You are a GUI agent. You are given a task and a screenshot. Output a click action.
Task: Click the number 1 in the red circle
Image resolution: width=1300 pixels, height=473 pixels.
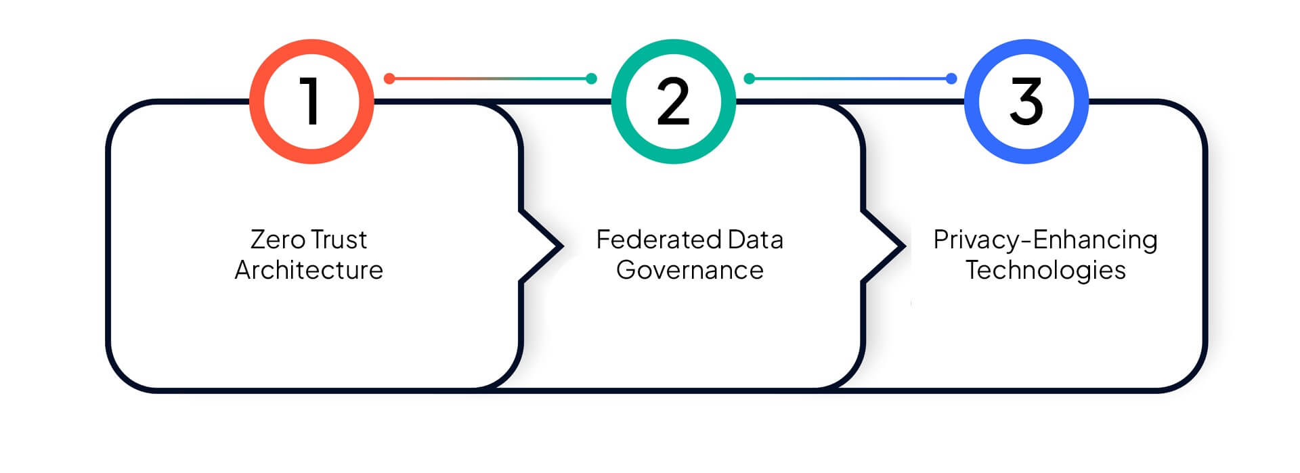click(311, 101)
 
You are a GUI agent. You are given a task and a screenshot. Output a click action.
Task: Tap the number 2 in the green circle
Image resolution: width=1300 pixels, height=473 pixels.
click(673, 101)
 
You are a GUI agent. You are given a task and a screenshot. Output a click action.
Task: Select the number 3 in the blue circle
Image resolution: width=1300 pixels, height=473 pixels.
click(1026, 101)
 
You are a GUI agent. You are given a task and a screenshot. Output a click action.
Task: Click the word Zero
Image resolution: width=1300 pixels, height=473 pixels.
click(278, 240)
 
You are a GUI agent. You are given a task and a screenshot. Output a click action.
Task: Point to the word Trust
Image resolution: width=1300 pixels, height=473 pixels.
click(339, 240)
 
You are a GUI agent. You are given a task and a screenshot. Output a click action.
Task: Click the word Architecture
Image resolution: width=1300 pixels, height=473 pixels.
click(309, 270)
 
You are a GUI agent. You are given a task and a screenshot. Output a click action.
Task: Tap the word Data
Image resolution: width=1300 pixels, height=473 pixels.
click(755, 240)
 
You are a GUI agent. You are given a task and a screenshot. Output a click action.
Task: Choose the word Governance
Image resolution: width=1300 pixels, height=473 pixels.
click(690, 270)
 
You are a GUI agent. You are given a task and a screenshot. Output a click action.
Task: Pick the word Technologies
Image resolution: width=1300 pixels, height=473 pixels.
click(1045, 271)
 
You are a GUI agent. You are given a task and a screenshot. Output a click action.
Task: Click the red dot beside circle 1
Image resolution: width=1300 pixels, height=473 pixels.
click(389, 78)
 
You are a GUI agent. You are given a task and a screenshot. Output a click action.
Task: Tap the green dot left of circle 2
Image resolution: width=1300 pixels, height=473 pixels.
click(591, 78)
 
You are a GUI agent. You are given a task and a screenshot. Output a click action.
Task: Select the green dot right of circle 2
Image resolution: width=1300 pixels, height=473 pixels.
click(750, 78)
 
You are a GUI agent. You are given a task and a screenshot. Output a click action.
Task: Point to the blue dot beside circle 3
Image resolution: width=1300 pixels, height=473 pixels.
click(951, 78)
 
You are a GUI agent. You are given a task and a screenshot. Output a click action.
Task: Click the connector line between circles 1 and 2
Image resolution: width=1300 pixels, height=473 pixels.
click(490, 78)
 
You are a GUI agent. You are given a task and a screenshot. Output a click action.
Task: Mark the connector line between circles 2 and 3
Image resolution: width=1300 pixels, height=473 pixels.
click(850, 78)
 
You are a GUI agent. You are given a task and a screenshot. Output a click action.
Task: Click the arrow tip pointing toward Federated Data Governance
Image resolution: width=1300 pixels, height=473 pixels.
click(561, 246)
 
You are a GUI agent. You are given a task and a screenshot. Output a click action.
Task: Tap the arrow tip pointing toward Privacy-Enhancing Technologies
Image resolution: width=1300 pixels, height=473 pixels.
click(904, 246)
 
